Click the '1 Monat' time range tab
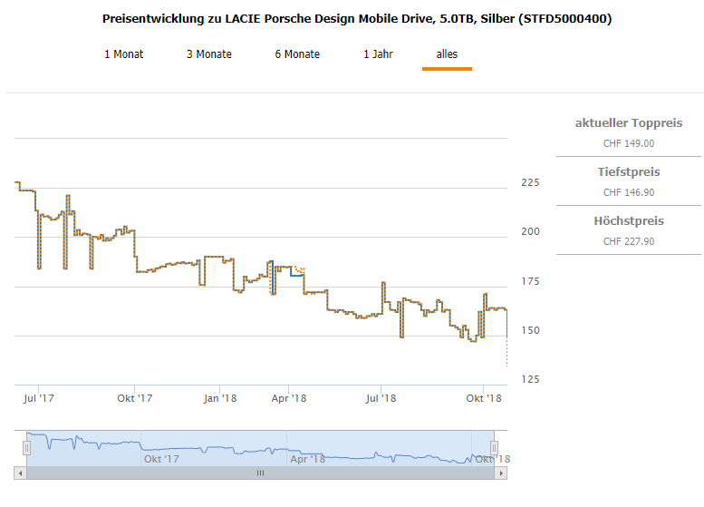coord(123,54)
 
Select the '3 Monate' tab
coord(208,54)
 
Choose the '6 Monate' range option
coord(297,54)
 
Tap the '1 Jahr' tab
coord(378,54)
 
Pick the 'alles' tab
coord(447,54)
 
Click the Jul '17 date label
coord(39,397)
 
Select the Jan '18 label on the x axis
coord(220,397)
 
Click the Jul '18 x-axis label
coord(381,397)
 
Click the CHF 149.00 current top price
coord(629,143)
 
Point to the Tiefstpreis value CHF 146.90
coord(629,192)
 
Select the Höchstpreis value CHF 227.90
coord(629,241)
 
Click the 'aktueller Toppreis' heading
coord(629,123)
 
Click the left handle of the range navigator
coord(26,447)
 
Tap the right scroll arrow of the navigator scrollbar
coord(501,473)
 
